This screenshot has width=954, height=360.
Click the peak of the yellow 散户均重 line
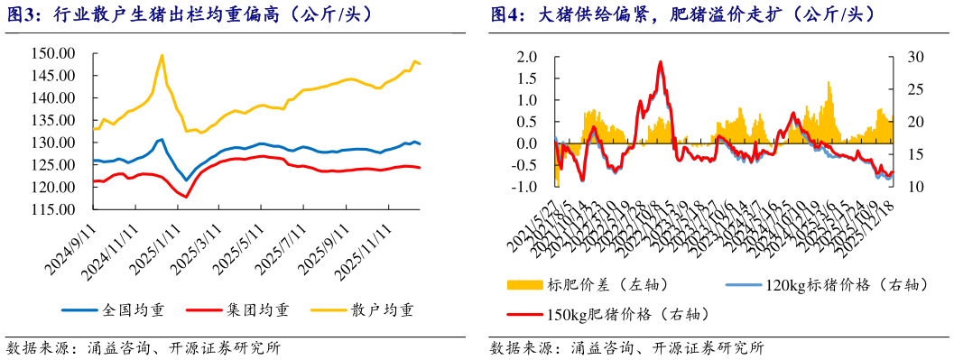(x=162, y=55)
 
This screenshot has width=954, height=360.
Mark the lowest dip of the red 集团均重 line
(x=186, y=196)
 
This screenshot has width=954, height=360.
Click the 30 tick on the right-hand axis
(x=905, y=56)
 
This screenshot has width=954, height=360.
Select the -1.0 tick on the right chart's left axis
(x=526, y=187)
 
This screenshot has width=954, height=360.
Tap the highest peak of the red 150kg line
(x=661, y=62)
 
